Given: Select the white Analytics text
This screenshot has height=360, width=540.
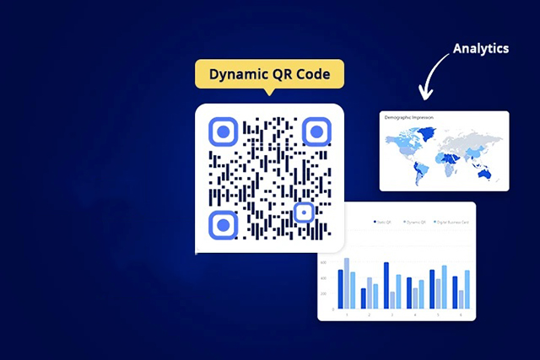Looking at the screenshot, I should tap(480, 48).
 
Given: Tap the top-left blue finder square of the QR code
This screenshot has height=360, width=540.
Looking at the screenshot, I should tap(223, 132).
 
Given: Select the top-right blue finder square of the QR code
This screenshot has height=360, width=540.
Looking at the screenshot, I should tap(316, 132).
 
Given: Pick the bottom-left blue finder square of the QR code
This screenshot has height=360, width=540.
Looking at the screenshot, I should tap(223, 224).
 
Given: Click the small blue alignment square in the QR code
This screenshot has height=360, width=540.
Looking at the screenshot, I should tap(304, 212).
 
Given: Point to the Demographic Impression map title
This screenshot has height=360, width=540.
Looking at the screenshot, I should tap(409, 118).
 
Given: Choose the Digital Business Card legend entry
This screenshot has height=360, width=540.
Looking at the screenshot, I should tap(452, 223).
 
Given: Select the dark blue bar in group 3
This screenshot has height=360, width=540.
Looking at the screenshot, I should tap(386, 285).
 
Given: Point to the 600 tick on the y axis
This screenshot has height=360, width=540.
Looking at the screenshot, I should tap(323, 262).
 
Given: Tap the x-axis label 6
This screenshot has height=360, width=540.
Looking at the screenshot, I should tap(460, 314).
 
